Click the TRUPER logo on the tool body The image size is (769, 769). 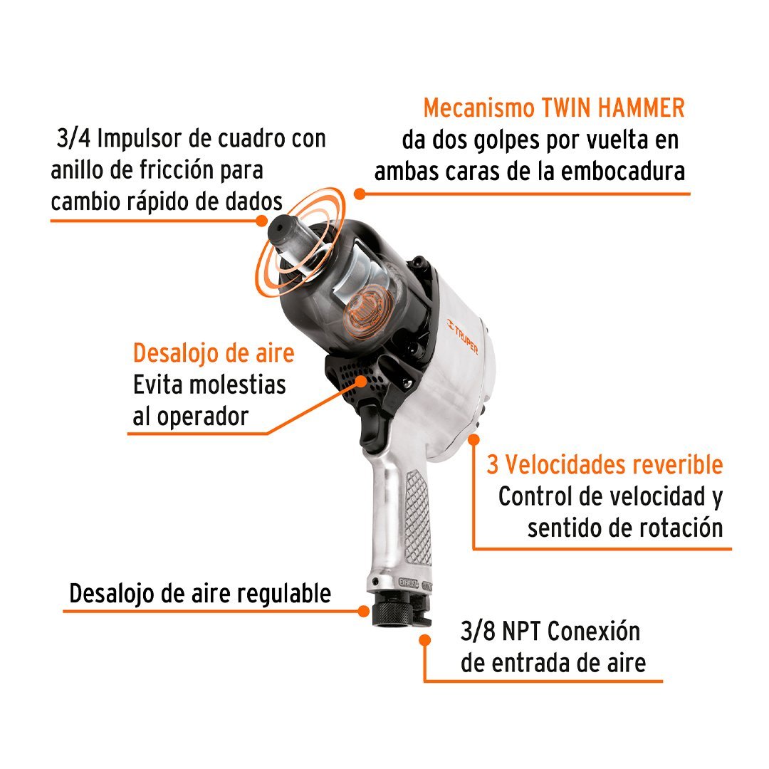tap(462, 336)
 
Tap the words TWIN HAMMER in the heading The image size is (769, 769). tap(613, 108)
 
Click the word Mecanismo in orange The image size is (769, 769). tap(479, 108)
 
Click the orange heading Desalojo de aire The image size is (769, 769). tap(214, 353)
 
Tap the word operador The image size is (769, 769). tap(203, 417)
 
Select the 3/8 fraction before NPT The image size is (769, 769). tap(478, 631)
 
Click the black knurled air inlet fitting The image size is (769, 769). tap(391, 612)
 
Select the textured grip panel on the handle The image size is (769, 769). tap(418, 518)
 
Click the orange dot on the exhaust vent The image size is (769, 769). tap(362, 381)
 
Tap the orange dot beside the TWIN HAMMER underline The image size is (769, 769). tap(360, 194)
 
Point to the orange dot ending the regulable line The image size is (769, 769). tap(363, 611)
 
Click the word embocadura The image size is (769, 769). tap(623, 172)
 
